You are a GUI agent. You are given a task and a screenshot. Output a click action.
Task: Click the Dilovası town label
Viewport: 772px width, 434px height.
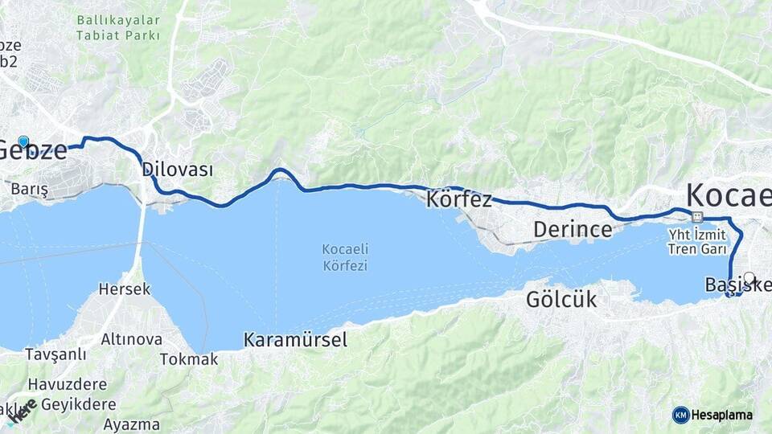click(177, 170)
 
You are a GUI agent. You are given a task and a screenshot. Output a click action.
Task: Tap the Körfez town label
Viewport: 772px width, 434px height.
click(459, 199)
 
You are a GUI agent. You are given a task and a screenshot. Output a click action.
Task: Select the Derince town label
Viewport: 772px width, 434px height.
click(573, 230)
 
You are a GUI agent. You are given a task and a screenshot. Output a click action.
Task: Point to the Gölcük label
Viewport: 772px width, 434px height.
click(561, 300)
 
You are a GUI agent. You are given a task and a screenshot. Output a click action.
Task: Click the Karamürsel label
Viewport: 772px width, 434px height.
click(295, 340)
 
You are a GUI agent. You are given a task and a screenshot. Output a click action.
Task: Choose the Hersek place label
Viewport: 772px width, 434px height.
click(124, 289)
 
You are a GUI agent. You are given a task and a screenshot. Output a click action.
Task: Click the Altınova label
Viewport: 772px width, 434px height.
click(131, 339)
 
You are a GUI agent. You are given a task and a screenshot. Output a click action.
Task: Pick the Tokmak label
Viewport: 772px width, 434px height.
click(189, 359)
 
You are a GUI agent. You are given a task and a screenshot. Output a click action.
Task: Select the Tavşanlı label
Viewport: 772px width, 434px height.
click(55, 354)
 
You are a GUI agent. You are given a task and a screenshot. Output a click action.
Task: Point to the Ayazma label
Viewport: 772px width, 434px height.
click(131, 424)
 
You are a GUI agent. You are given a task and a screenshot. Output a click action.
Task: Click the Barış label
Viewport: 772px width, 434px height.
click(30, 190)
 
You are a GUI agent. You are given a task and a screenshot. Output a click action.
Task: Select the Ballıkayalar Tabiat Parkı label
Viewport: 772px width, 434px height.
click(118, 27)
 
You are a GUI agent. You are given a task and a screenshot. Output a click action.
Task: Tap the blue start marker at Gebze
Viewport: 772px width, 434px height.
click(23, 142)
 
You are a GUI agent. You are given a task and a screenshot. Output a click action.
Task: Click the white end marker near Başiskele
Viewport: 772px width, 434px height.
click(749, 278)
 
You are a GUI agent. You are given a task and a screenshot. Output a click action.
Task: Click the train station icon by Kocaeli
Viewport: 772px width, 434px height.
click(696, 217)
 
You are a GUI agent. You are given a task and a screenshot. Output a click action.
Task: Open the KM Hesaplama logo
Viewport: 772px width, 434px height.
click(712, 415)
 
